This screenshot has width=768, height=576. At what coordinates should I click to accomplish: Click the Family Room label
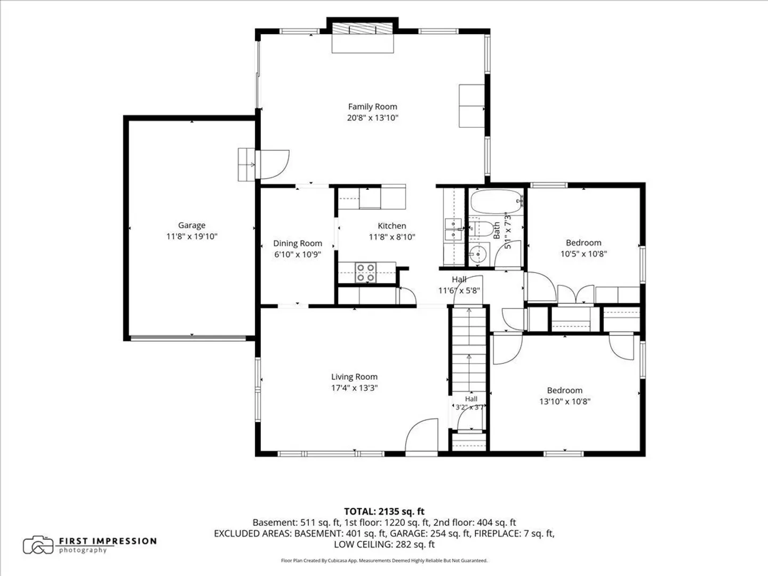(372, 107)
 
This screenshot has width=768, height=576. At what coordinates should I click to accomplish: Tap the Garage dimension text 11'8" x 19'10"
(192, 236)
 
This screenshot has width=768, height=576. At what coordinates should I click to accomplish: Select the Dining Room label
(298, 243)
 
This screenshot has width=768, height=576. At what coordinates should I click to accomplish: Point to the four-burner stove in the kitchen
(366, 273)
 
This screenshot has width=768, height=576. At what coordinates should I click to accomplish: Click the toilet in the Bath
(481, 229)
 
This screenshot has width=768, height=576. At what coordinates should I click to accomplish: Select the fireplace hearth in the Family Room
(363, 43)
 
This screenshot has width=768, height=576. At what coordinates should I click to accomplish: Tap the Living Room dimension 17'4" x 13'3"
(355, 388)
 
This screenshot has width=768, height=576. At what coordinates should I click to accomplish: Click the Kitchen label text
(392, 226)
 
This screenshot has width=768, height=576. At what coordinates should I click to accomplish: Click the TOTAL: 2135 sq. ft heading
(384, 511)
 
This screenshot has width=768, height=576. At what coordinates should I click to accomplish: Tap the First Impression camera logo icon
(38, 545)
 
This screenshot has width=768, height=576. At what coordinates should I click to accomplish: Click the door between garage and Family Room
(272, 164)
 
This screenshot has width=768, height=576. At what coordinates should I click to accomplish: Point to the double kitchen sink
(453, 229)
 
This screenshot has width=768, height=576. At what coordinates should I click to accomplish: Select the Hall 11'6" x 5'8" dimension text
(459, 291)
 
